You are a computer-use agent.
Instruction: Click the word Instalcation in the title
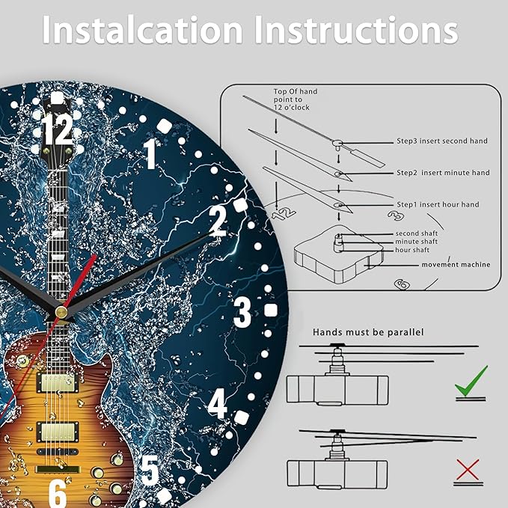click(143, 30)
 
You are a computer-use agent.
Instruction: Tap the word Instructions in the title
click(356, 30)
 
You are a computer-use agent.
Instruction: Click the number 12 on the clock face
click(58, 129)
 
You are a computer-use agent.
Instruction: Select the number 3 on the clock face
click(242, 312)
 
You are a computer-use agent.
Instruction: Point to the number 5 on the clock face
click(150, 471)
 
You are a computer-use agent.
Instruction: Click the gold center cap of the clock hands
click(61, 312)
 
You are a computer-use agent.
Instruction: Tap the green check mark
click(471, 381)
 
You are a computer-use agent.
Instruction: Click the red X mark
click(468, 469)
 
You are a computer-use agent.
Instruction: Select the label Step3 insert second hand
click(442, 141)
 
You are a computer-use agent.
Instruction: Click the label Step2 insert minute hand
click(443, 173)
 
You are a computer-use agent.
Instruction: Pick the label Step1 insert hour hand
click(438, 204)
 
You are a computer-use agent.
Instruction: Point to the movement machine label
click(456, 265)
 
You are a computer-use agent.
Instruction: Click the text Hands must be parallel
click(368, 332)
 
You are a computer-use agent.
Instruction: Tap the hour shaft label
click(412, 250)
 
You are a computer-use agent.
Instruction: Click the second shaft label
click(416, 233)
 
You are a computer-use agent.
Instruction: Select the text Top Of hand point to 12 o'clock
click(296, 100)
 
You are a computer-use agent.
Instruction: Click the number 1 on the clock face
click(150, 153)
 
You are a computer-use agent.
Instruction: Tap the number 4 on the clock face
click(218, 404)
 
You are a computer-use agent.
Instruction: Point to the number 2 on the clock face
click(218, 221)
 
